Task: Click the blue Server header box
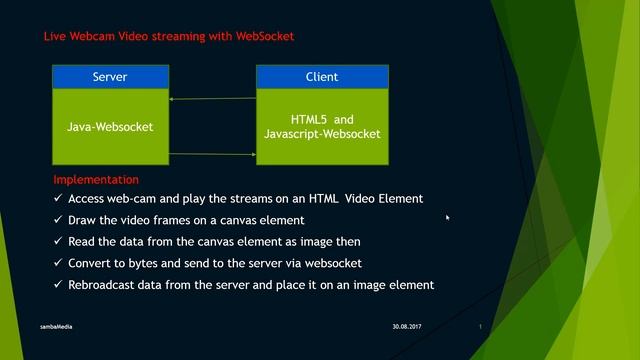click(110, 77)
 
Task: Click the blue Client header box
click(321, 77)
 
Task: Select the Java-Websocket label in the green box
click(110, 127)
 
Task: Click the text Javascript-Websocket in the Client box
click(321, 134)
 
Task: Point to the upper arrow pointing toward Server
click(212, 99)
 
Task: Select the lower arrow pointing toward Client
click(212, 154)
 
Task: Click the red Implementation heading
click(96, 180)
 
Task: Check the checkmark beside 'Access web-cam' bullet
click(58, 199)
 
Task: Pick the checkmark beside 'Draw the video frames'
click(58, 220)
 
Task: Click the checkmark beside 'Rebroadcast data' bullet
click(58, 285)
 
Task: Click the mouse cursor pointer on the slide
click(448, 217)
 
